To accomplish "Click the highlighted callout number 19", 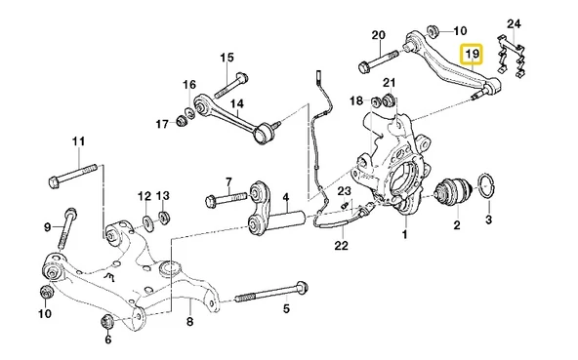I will tap(472, 54).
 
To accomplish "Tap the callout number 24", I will tap(516, 22).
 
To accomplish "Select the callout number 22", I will tap(340, 245).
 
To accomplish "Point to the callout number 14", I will tap(236, 102).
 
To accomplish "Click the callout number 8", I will tap(190, 321).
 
